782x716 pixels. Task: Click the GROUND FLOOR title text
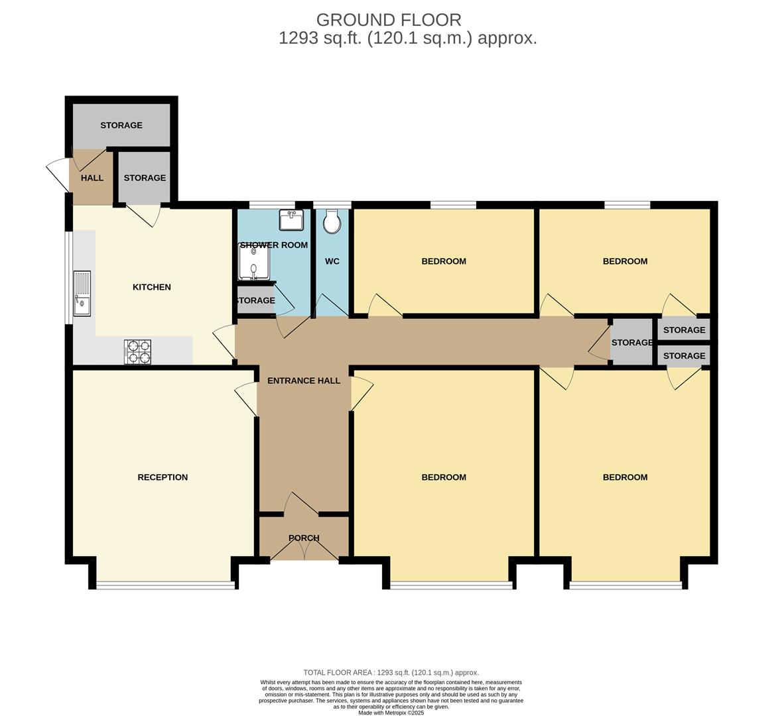pos(388,20)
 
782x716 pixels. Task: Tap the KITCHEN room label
pos(152,287)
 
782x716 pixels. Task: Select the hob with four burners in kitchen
pos(137,351)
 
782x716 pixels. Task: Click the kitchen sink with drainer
pos(82,294)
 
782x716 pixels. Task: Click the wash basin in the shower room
pos(291,220)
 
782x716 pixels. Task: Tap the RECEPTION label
pos(163,477)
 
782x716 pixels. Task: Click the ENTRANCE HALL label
pos(304,381)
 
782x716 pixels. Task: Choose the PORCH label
pos(304,538)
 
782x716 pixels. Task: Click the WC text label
pos(332,261)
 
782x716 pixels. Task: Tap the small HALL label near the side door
pos(92,178)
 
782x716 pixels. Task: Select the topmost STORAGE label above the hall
pos(121,125)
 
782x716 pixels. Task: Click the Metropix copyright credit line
pos(391,713)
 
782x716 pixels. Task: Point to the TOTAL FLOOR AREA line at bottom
pos(391,672)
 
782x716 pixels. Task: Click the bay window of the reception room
pos(165,585)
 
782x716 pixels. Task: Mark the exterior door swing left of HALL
pos(58,174)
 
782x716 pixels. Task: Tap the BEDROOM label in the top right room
pos(625,261)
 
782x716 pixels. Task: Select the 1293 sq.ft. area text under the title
pos(407,38)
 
